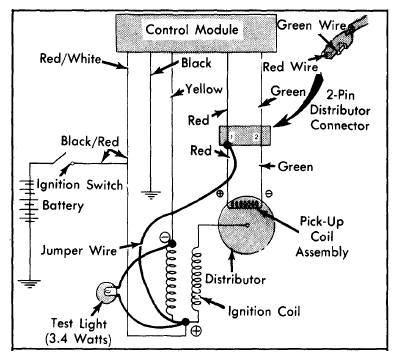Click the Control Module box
coord(196,33)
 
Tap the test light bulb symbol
coord(107,292)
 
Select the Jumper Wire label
coord(79,250)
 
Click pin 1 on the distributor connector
coord(232,137)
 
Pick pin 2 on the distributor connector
coord(256,137)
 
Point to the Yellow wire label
coord(204,89)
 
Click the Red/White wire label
coord(70,59)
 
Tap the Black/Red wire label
coord(90,142)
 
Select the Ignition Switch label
coord(79,185)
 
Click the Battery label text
coord(63,205)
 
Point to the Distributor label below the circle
coord(235,279)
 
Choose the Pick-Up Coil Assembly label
coord(322,236)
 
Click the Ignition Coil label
coord(264,311)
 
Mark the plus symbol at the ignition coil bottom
coord(196,331)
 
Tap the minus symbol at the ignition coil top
coord(164,237)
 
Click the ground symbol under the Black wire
coord(151,195)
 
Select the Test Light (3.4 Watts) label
coord(78,331)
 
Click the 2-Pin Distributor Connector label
coord(340,111)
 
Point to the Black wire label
coord(196,63)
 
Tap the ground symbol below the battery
coord(29,283)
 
